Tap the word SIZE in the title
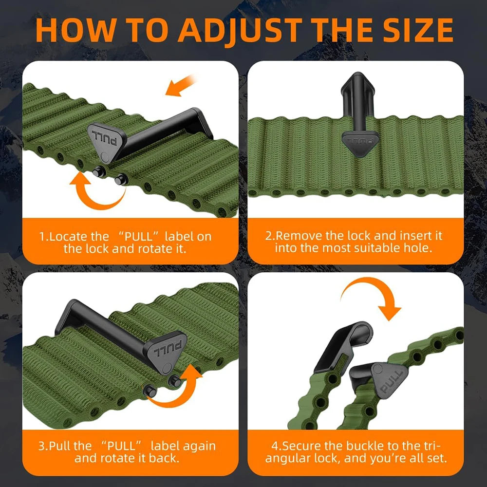[417, 30]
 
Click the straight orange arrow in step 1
[180, 85]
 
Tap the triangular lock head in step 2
[360, 143]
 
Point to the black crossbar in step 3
[102, 329]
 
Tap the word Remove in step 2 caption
[299, 236]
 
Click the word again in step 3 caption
[199, 446]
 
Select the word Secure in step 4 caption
[301, 446]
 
